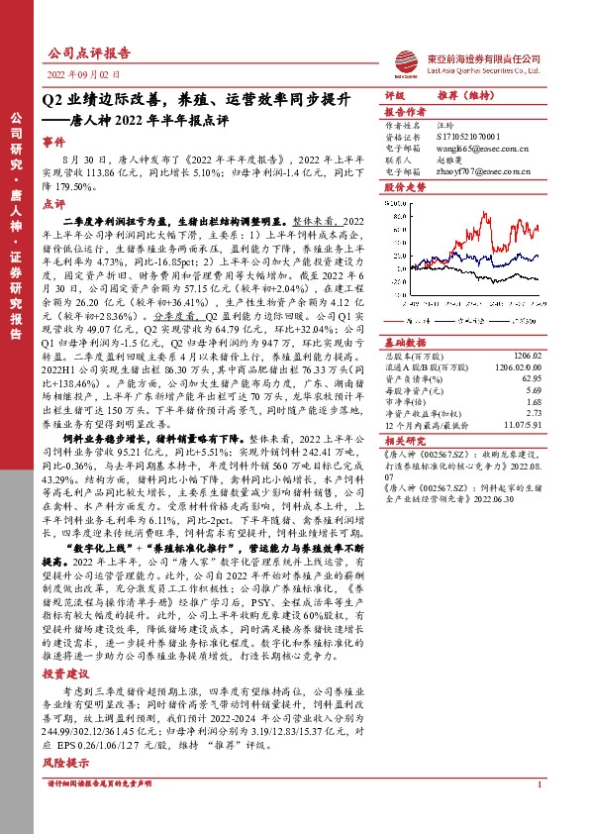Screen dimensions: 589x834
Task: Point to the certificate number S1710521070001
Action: tap(470, 137)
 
